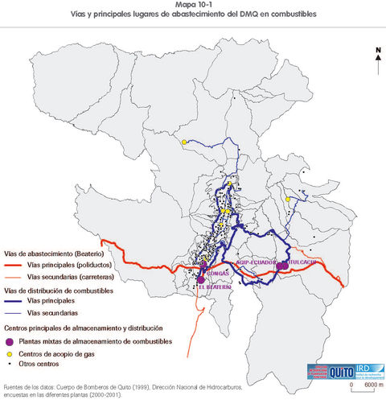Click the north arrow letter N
coord(377,49)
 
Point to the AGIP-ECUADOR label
coord(256,262)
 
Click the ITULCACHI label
coord(300,262)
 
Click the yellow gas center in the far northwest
coord(184,142)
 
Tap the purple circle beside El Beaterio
coord(200,278)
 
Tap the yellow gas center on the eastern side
coord(287,198)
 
